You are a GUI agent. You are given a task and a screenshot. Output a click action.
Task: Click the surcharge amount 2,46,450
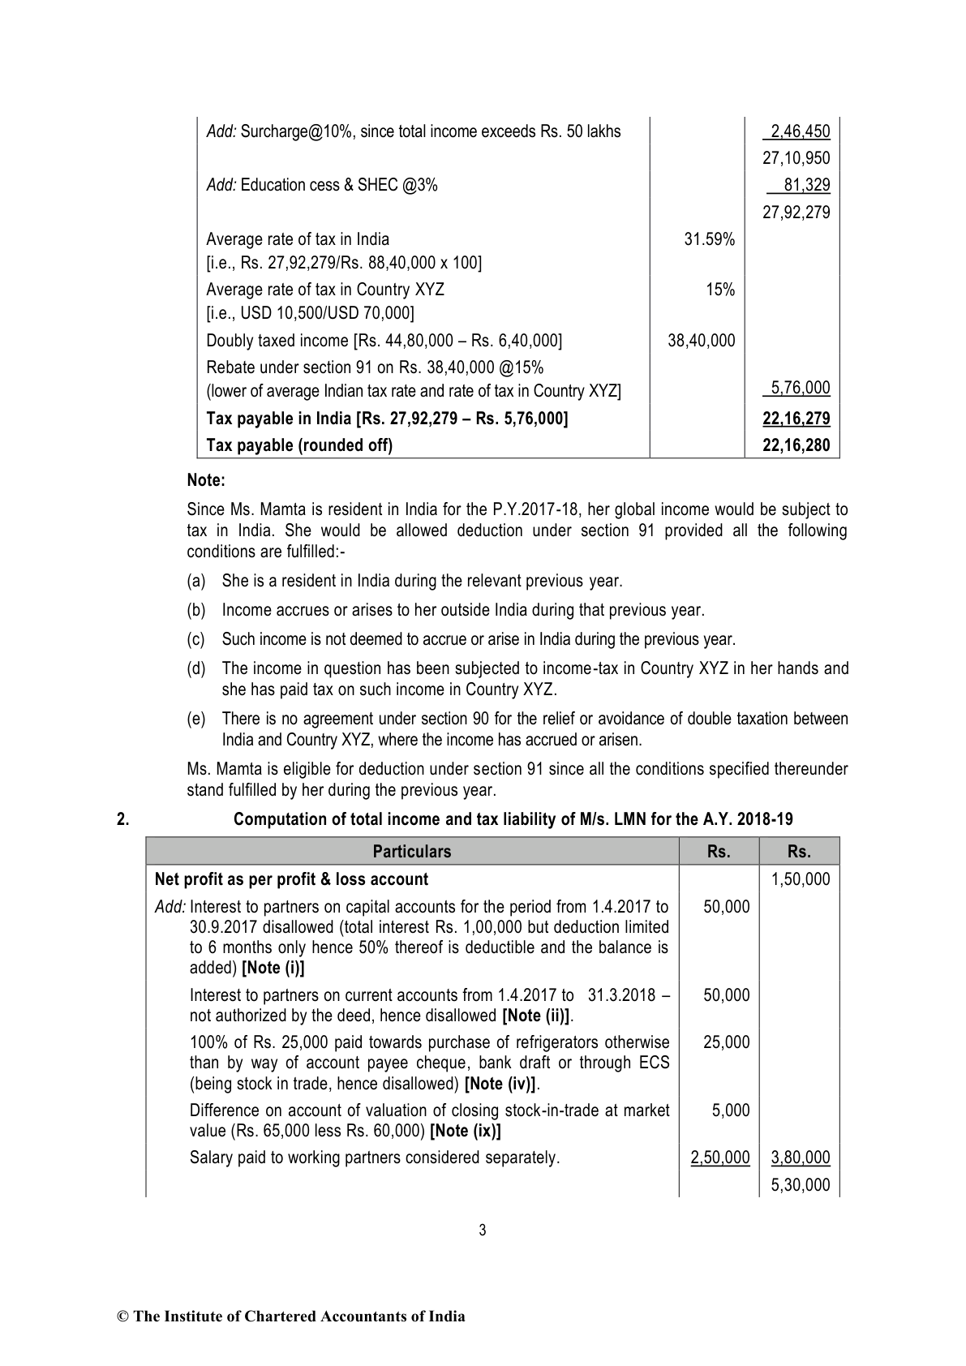click(800, 131)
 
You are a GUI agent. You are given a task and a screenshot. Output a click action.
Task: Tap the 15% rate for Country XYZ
click(720, 290)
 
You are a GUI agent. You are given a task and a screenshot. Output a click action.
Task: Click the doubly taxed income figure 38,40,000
click(701, 341)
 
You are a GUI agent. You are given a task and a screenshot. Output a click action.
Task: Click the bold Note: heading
click(205, 479)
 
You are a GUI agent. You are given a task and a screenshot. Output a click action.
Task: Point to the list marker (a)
click(195, 581)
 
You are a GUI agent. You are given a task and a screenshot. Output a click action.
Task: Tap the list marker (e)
click(195, 719)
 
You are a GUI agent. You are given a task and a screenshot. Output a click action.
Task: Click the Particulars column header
click(412, 851)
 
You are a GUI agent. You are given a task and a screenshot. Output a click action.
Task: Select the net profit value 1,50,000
click(800, 879)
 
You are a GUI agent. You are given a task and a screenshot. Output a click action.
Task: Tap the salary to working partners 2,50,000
click(719, 1158)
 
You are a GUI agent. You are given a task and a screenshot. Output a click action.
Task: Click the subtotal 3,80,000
click(800, 1158)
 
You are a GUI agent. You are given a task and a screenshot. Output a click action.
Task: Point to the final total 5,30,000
click(800, 1185)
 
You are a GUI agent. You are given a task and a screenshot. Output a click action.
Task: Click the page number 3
click(483, 1231)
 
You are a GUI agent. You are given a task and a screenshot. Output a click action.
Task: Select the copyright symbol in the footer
click(123, 1317)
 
